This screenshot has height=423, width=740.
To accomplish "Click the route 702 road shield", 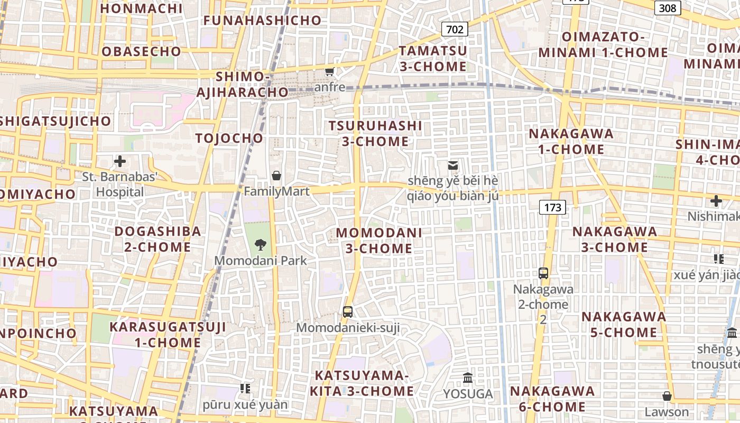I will point(455,29).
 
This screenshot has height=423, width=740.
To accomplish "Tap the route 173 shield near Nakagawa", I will point(552,207).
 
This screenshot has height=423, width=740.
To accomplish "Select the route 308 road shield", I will point(668,7).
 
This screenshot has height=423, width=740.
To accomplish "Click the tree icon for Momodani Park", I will point(260,244).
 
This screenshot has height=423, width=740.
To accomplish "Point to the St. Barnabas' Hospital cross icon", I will point(120,161).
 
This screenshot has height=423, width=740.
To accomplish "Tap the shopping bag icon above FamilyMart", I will point(276,176).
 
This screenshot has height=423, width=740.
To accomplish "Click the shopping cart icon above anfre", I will point(330,71).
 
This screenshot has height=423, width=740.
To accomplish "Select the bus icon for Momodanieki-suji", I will point(347,312).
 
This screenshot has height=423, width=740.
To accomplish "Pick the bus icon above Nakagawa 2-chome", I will point(543,273).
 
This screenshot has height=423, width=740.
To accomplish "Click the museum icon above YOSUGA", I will point(468,378).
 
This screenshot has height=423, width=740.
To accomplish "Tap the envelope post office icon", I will point(452,165).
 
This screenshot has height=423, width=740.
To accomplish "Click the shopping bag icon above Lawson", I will point(667,396).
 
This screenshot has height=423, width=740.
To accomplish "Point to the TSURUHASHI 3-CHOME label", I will point(375,134).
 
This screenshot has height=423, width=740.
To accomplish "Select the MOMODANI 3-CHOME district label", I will point(379,241).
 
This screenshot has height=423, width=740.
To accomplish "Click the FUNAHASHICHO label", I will point(263,21).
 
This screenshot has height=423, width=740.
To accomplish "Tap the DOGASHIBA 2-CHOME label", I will point(158,239).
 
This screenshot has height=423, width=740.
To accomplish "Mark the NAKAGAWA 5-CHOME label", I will point(624,325).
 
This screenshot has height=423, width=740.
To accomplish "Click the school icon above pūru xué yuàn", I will point(245,389).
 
